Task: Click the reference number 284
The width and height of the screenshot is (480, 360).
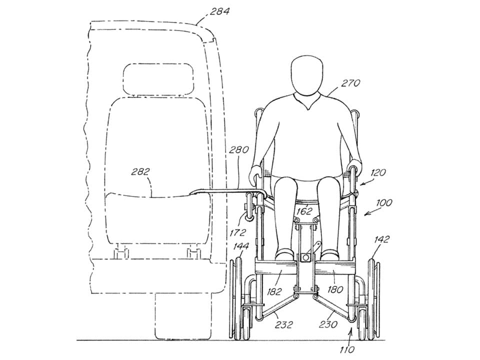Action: point(219,11)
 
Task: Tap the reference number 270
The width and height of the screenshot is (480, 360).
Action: point(350,83)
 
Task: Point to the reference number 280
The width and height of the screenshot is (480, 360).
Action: point(238,150)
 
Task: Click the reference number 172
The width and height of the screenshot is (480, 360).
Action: point(238,232)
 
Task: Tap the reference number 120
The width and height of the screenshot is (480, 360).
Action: point(378,172)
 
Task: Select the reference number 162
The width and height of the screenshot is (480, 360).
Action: point(304,211)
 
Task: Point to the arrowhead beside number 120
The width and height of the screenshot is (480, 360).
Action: point(361,183)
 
